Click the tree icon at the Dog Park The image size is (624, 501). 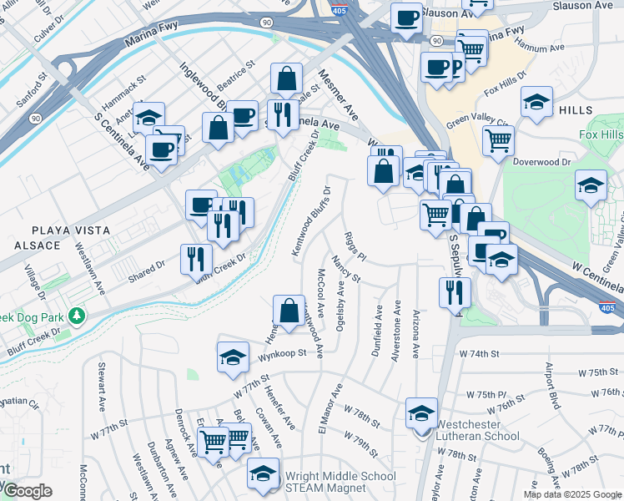77,316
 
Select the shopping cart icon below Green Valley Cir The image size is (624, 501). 498,141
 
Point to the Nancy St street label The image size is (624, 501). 345,269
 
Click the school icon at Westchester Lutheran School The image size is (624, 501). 422,413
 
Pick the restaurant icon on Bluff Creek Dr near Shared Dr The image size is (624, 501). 191,258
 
